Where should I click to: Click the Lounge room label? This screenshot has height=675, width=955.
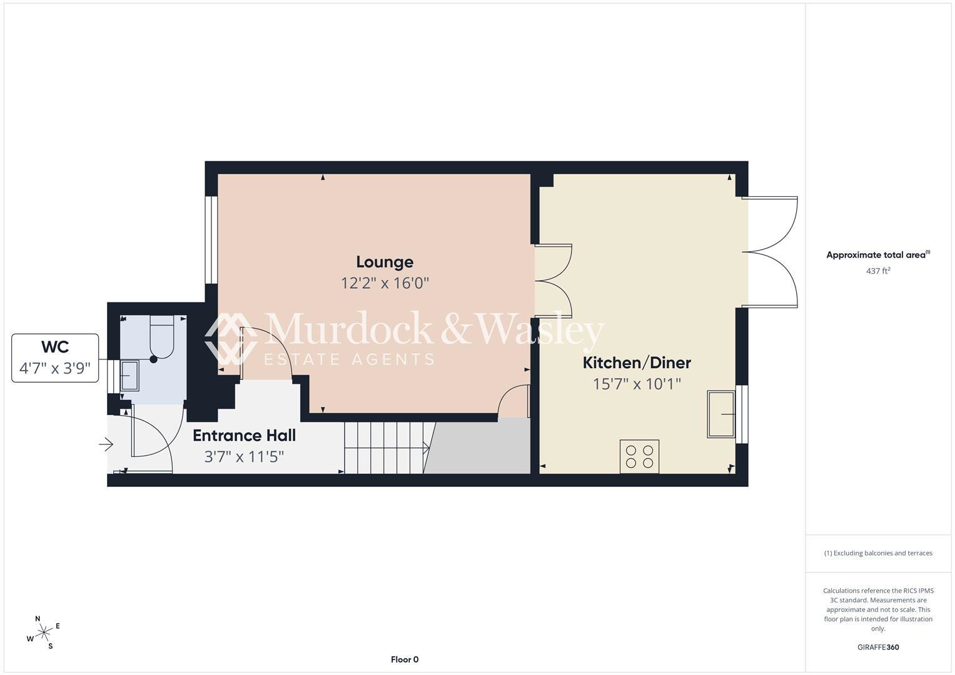385,262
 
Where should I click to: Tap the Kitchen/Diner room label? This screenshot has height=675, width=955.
637,362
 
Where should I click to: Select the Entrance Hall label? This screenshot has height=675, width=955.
245,436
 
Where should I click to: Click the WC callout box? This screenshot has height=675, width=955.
55,358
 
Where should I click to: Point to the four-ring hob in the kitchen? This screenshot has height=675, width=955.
640,456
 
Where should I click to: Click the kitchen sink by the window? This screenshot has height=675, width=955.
721,414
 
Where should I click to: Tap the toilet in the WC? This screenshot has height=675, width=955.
162,337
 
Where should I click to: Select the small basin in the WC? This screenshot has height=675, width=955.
129,376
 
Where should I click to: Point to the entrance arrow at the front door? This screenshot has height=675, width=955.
106,445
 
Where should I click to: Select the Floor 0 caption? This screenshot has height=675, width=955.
405,659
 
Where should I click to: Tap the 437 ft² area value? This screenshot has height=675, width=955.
878,271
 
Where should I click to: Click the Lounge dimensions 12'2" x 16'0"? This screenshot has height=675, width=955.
385,283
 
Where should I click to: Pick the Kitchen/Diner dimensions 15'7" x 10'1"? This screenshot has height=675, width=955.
637,384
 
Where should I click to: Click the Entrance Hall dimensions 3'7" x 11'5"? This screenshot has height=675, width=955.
245,457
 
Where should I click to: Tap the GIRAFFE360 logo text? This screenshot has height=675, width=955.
878,647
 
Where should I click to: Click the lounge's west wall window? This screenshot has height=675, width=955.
211,240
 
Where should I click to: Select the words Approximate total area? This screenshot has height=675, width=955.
876,255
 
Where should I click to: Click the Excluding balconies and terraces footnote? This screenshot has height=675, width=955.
878,553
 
